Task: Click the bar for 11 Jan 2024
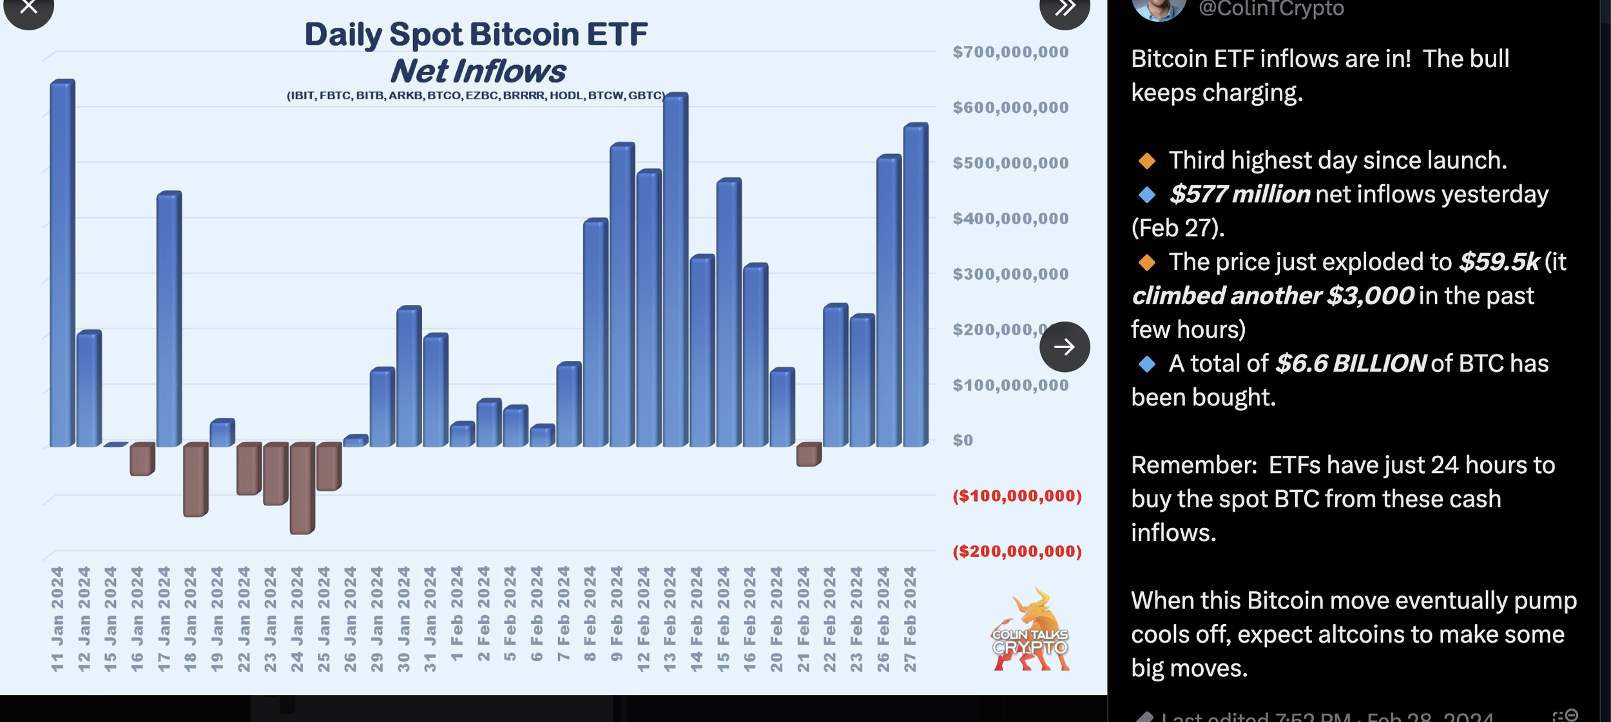point(63,264)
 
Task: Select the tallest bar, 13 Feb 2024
point(675,271)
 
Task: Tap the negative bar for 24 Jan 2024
point(302,488)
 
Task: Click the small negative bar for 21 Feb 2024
point(808,454)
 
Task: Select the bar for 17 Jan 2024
point(169,320)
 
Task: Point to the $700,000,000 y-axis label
point(1010,52)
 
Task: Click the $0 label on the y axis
point(963,440)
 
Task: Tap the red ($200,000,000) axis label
point(1016,552)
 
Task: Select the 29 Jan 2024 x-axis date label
point(376,619)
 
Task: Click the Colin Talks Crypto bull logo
point(1030,630)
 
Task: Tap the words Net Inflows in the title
point(478,71)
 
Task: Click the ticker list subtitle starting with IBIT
point(476,95)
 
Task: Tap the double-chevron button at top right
point(1064,9)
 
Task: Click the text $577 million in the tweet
point(1239,194)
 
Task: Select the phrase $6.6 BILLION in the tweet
point(1351,364)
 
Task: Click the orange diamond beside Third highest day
point(1146,161)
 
